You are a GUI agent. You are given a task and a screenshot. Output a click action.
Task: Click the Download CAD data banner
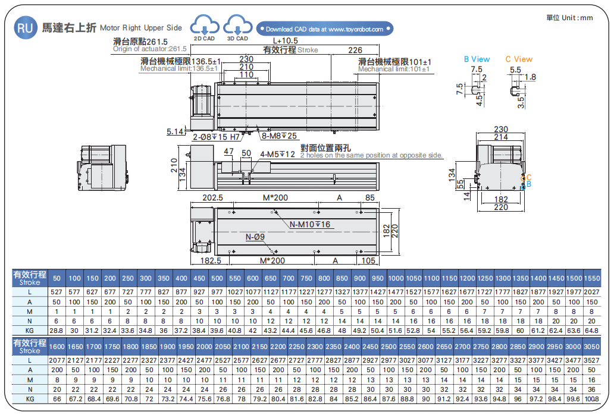pyautogui.click(x=325, y=29)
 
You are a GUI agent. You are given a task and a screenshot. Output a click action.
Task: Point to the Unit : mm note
pyautogui.click(x=570, y=18)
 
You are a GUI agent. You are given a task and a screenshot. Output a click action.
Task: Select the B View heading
pyautogui.click(x=477, y=59)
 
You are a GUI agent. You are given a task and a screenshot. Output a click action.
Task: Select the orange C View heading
pyautogui.click(x=519, y=59)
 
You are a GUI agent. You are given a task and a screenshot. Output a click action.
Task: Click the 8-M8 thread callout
pyautogui.click(x=280, y=136)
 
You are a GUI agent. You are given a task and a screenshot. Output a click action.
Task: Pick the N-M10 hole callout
pyautogui.click(x=310, y=225)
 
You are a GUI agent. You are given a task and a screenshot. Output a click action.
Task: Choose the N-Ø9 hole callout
pyautogui.click(x=255, y=237)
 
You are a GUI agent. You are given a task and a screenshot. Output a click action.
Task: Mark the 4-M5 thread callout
pyautogui.click(x=278, y=155)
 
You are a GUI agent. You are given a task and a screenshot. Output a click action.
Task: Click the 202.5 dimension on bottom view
pyautogui.click(x=212, y=197)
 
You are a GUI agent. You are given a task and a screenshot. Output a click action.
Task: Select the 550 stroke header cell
pyautogui.click(x=235, y=278)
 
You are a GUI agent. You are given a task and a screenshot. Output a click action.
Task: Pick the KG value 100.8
pyautogui.click(x=591, y=398)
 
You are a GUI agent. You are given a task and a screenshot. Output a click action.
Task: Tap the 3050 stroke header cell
pyautogui.click(x=591, y=347)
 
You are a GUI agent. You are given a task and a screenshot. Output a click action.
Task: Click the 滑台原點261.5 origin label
pyautogui.click(x=140, y=42)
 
